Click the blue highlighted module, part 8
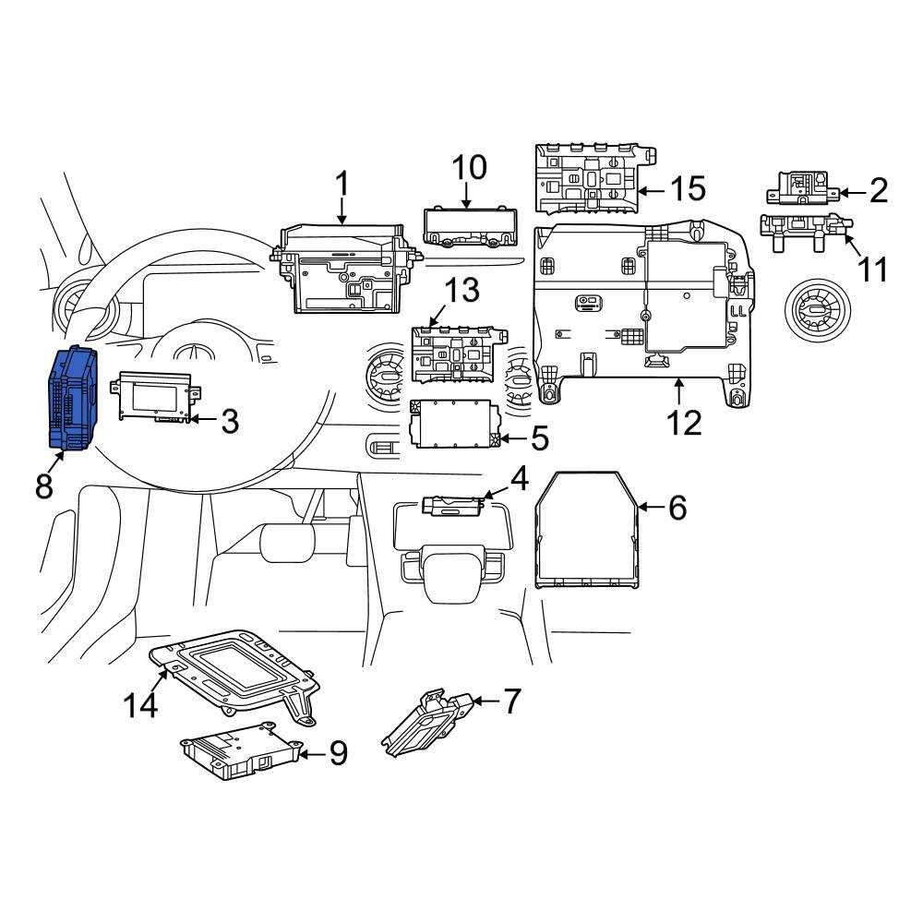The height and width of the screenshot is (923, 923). [x=72, y=399]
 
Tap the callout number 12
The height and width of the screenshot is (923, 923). [x=684, y=423]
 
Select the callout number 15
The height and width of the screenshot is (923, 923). [x=689, y=189]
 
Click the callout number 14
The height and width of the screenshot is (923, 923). [x=140, y=704]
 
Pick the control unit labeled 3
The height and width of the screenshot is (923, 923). [x=155, y=396]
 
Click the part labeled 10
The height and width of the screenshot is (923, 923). [x=470, y=227]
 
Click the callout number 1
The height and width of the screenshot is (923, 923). [x=342, y=183]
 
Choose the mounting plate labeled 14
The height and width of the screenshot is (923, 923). [x=235, y=674]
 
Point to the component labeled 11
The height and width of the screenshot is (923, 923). [x=804, y=232]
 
